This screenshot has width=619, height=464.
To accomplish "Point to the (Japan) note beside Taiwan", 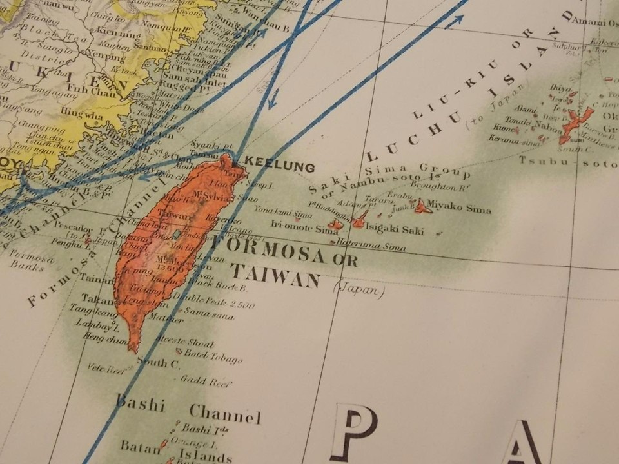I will click(x=359, y=290).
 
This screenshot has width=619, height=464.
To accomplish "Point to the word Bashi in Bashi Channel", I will click(x=141, y=405).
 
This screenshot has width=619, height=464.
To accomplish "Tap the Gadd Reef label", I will click(x=206, y=381).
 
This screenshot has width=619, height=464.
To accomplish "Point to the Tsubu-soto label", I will click(x=567, y=161).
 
